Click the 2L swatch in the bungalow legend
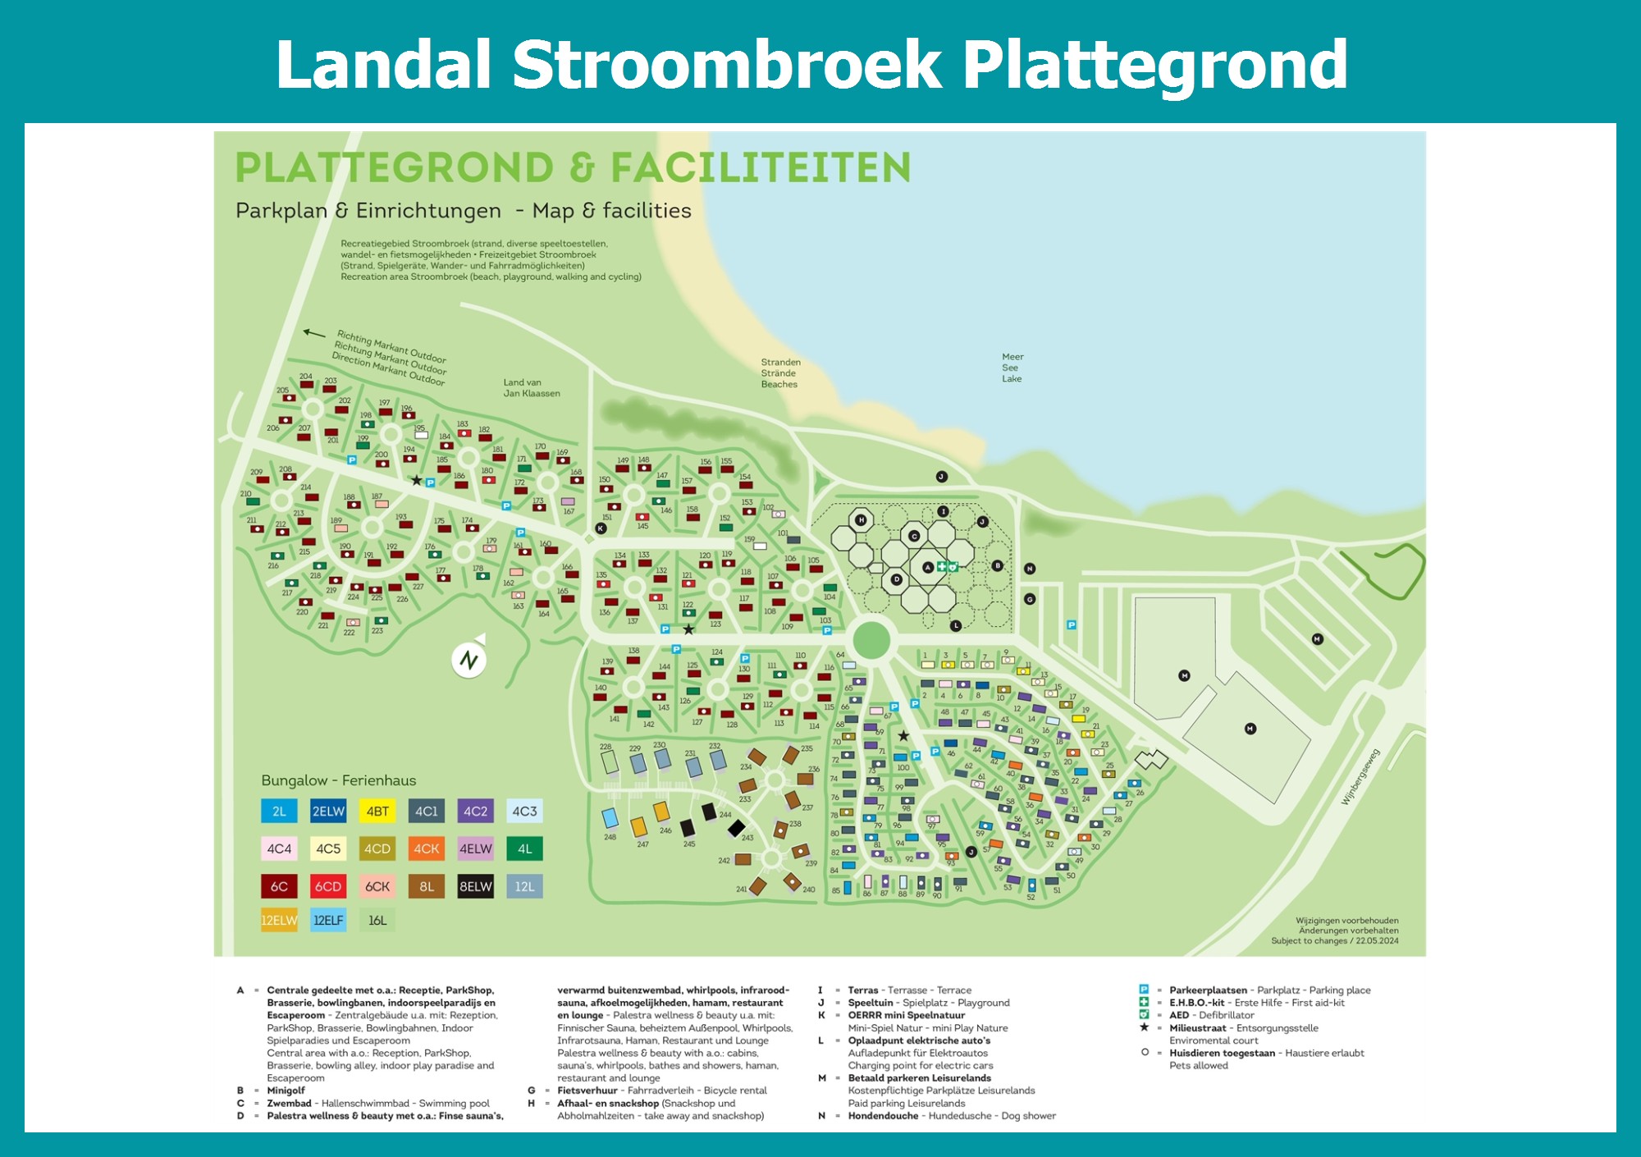(279, 812)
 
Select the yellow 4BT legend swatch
(377, 812)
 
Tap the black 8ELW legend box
(476, 886)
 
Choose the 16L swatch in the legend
(377, 921)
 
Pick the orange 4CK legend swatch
(427, 848)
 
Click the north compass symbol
(469, 659)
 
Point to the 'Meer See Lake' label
(1012, 368)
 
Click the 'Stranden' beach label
(780, 363)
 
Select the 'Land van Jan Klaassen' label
(532, 388)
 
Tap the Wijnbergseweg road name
(1360, 776)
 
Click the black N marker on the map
(1030, 569)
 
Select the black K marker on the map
(601, 528)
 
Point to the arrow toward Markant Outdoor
(314, 333)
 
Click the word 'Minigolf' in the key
(286, 1091)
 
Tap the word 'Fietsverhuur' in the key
(587, 1091)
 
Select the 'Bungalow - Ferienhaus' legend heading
(338, 780)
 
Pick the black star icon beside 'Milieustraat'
(1144, 1027)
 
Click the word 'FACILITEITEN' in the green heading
(761, 167)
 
